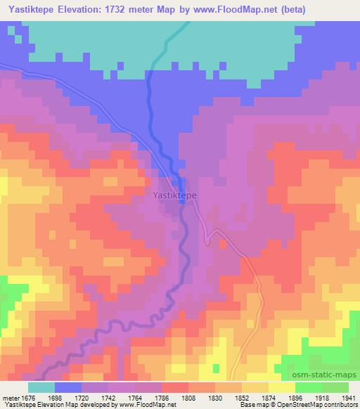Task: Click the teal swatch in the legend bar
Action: point(41,387)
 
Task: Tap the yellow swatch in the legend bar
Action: point(282,387)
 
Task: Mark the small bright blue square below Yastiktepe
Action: point(183,202)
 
